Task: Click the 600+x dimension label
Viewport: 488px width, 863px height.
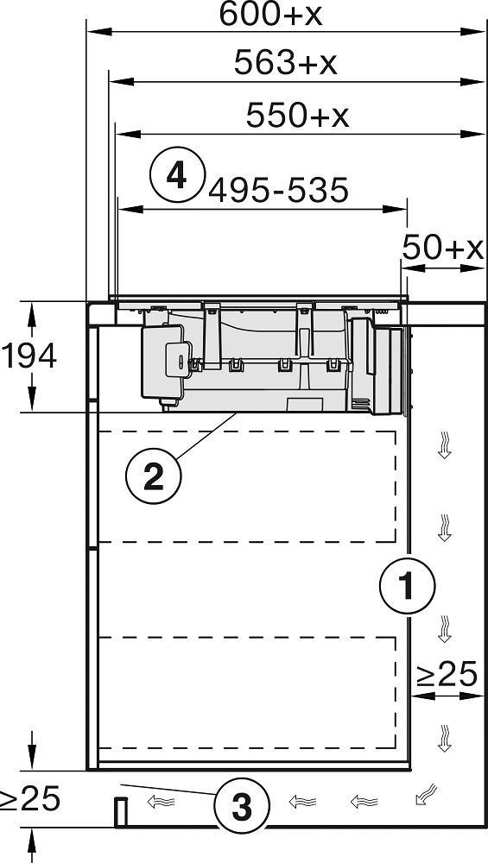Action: pos(270,15)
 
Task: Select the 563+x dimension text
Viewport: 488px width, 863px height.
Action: pos(285,62)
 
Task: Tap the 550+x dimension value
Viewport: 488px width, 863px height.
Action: pos(297,115)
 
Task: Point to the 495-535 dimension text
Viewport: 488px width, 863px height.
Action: pos(279,190)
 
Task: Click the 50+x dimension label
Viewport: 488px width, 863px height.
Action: pos(443,248)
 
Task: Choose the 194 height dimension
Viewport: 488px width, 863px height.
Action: pos(29,356)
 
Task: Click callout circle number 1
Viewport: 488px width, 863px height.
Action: pos(407,585)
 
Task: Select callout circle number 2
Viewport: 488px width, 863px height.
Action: pos(153,476)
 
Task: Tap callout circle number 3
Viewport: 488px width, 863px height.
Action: pos(242,807)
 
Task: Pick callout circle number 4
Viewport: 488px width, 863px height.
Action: pos(177,174)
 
